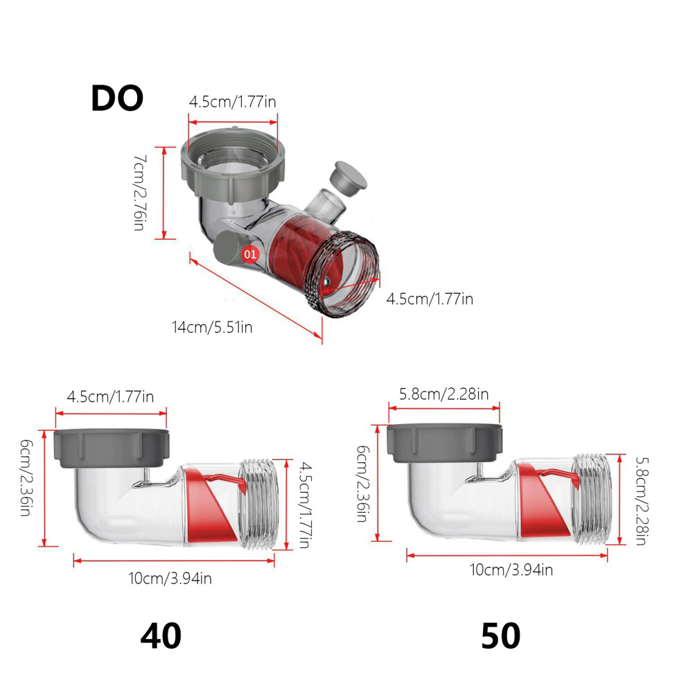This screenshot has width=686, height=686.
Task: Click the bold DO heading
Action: point(117,98)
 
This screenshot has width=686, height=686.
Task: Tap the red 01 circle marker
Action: point(250,254)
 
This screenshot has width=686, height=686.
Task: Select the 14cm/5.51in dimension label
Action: point(212,327)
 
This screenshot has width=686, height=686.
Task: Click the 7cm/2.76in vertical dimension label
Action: point(140,192)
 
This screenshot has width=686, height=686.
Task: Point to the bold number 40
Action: point(161,636)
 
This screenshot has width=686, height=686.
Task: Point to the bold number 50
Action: point(501,636)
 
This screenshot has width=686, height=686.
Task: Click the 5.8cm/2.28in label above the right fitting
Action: point(444,394)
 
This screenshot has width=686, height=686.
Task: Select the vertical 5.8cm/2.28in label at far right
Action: point(642,501)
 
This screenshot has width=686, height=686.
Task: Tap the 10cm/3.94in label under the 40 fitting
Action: point(170,579)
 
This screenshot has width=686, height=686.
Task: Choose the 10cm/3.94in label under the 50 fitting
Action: point(511,570)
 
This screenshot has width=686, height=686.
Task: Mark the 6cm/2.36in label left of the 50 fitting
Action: point(363,484)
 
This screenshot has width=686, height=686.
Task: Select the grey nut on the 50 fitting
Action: point(444,443)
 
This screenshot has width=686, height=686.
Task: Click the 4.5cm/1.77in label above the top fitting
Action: point(233,102)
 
